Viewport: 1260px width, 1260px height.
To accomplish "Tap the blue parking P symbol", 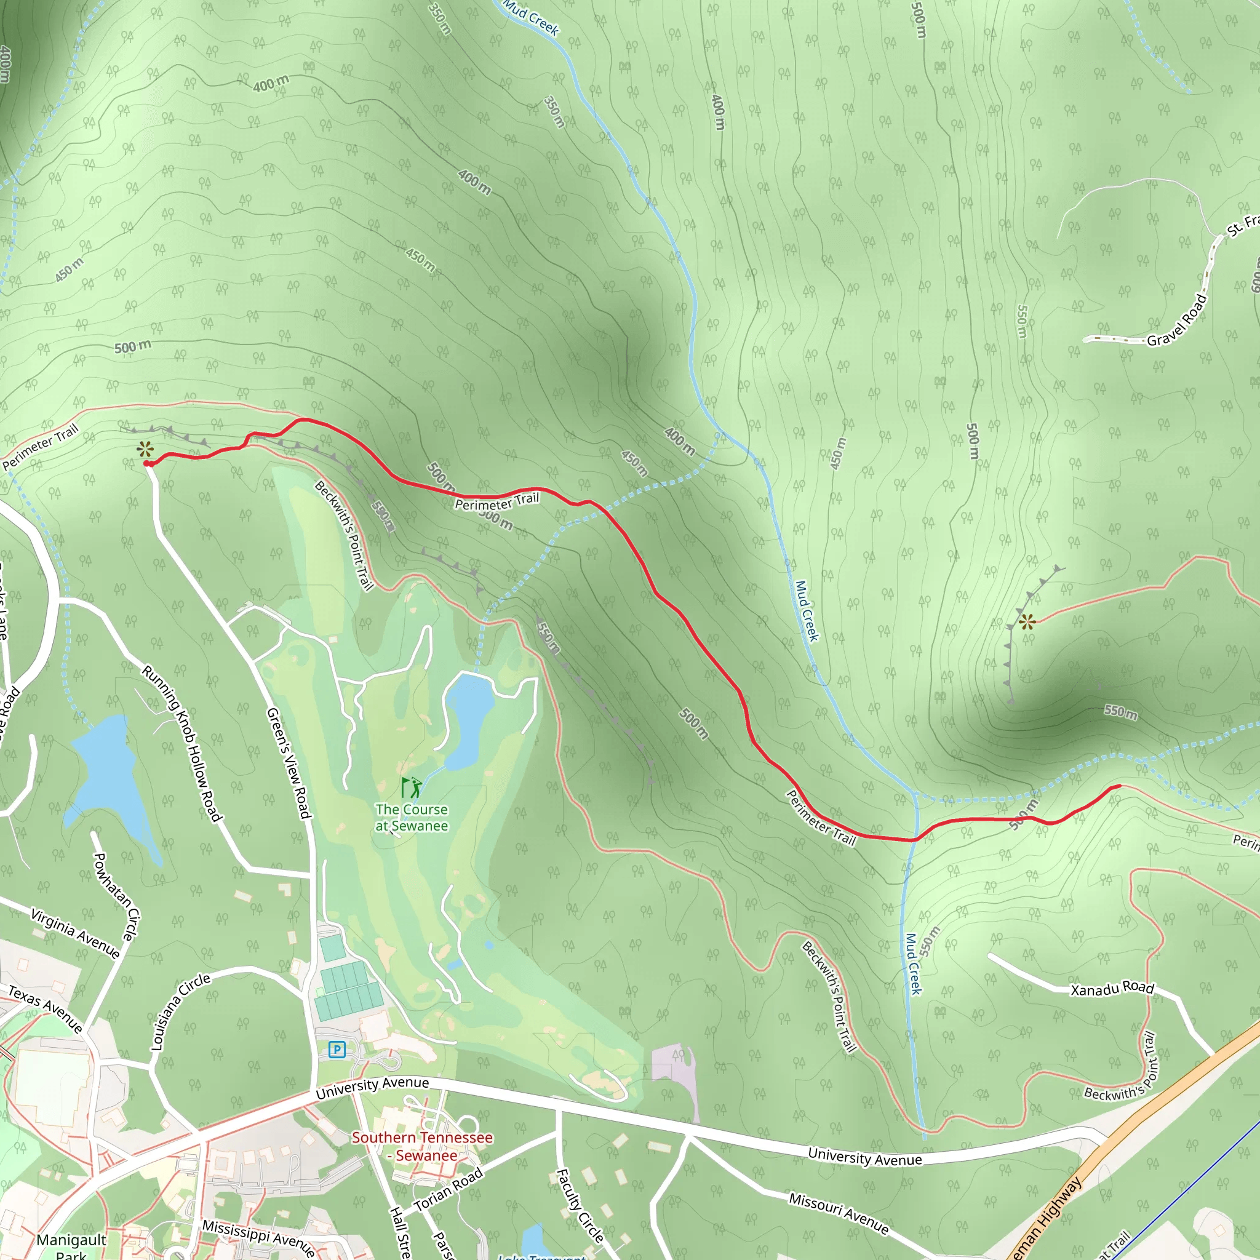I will pyautogui.click(x=337, y=1050).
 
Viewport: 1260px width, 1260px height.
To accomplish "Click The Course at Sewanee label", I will pyautogui.click(x=412, y=817).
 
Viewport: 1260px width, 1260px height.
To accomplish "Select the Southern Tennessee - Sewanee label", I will pyautogui.click(x=423, y=1146).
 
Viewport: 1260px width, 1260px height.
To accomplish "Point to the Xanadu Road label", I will pyautogui.click(x=1112, y=989).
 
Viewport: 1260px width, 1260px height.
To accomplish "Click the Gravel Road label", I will pyautogui.click(x=1177, y=321).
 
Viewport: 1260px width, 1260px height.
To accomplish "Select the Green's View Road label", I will pyautogui.click(x=287, y=763).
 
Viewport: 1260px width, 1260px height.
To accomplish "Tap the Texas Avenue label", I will pyautogui.click(x=45, y=1009).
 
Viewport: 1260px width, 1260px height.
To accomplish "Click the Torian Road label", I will pyautogui.click(x=449, y=1188).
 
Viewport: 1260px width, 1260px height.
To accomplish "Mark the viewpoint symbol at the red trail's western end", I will pyautogui.click(x=145, y=449).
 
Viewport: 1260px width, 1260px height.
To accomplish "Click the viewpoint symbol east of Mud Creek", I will pyautogui.click(x=1027, y=621).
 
